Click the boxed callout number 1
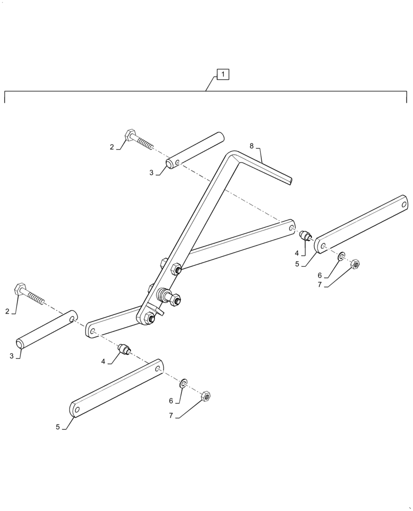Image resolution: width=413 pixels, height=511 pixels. (223, 75)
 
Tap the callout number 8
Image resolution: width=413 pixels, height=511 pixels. (251, 146)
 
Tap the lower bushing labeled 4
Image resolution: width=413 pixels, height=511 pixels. (124, 349)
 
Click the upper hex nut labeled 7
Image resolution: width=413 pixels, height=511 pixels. (356, 264)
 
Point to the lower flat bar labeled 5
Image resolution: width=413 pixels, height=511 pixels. (117, 388)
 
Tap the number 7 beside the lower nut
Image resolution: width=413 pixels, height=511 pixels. (171, 416)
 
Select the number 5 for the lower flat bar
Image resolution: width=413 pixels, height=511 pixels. (58, 426)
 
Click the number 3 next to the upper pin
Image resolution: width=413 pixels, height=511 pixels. (151, 173)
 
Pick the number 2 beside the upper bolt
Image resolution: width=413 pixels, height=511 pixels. (112, 147)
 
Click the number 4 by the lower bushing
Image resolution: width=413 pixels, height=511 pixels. (103, 361)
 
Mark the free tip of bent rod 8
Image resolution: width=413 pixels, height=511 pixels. (291, 180)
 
